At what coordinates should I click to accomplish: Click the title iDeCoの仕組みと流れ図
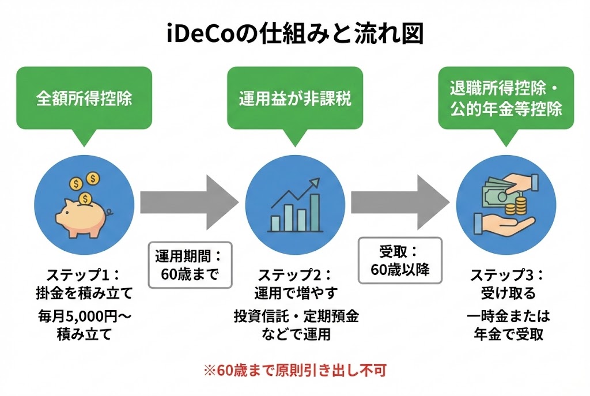point(295,34)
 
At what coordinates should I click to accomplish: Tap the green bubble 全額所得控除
point(84,98)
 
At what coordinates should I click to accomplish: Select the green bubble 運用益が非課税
point(295,98)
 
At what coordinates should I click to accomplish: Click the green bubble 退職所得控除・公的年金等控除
point(505,98)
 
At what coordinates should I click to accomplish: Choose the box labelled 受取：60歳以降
point(400,261)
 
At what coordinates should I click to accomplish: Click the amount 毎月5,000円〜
point(84,316)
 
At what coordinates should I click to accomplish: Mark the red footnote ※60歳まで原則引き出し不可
point(295,369)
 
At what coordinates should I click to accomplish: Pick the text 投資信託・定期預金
point(295,316)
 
